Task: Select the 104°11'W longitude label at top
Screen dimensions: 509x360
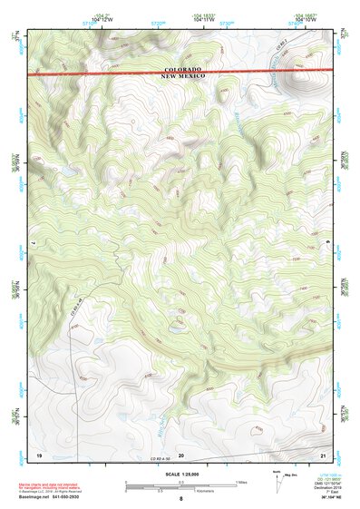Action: (203, 19)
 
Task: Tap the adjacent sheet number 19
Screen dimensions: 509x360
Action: (39, 453)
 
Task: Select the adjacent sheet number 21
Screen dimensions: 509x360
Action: (324, 453)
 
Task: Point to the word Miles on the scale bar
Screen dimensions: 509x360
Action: (240, 481)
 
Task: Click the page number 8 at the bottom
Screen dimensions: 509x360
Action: (180, 500)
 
